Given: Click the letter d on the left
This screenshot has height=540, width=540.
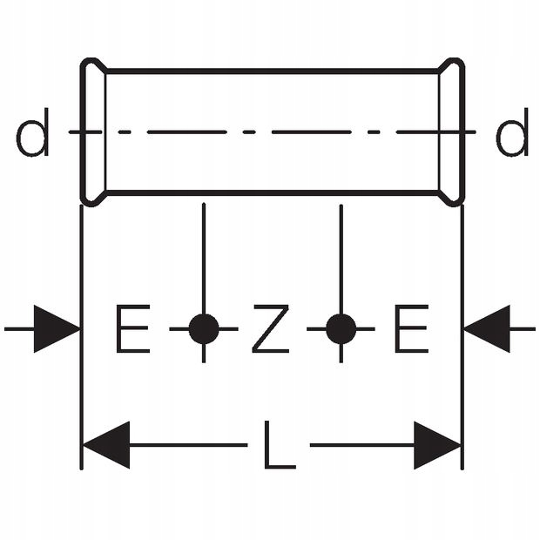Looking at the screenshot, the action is tap(32, 135).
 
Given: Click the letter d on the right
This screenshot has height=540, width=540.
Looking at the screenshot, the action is tap(512, 135).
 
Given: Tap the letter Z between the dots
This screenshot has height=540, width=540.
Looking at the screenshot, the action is tap(270, 329).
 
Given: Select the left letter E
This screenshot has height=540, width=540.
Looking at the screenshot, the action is tap(132, 329).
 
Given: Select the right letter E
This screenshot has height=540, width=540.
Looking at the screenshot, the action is tap(410, 329).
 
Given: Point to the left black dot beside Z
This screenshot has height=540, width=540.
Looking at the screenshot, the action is tap(204, 329).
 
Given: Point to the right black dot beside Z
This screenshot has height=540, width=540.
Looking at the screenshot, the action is tap(341, 329).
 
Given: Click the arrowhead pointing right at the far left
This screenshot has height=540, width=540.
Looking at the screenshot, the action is tap(57, 329).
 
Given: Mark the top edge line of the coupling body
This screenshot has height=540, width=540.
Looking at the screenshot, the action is tap(270, 71).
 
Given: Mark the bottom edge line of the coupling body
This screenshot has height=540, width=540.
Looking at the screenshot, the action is tap(270, 192).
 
